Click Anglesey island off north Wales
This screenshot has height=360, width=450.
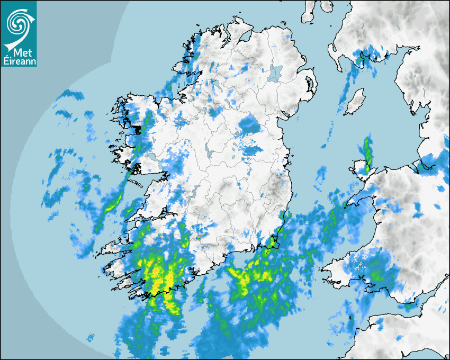pyautogui.click(x=361, y=169)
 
